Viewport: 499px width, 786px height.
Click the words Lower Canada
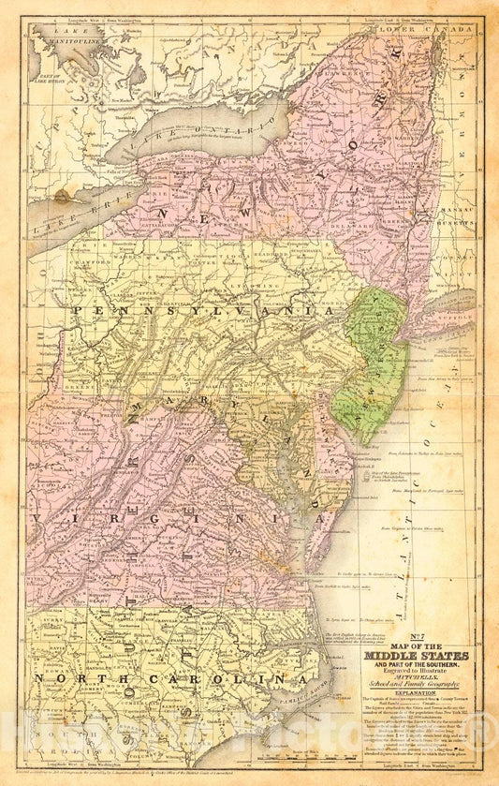[411, 30]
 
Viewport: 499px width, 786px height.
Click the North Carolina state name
[169, 677]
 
